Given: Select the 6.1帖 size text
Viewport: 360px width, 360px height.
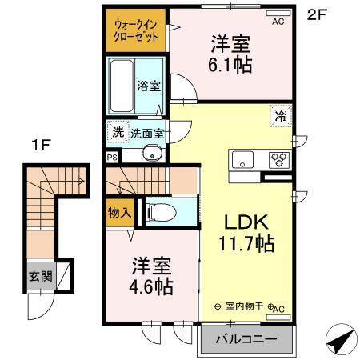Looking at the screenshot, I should coord(232,65).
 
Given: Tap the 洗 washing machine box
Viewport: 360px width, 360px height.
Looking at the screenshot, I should coord(118,131).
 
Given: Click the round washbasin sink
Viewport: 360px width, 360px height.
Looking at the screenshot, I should coord(148,154).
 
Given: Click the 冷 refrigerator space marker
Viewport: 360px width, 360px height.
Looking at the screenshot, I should coord(282,116).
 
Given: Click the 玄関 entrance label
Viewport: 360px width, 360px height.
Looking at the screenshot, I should coord(40,277).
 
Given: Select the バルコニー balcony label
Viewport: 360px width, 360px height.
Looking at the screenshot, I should coord(246,339).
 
